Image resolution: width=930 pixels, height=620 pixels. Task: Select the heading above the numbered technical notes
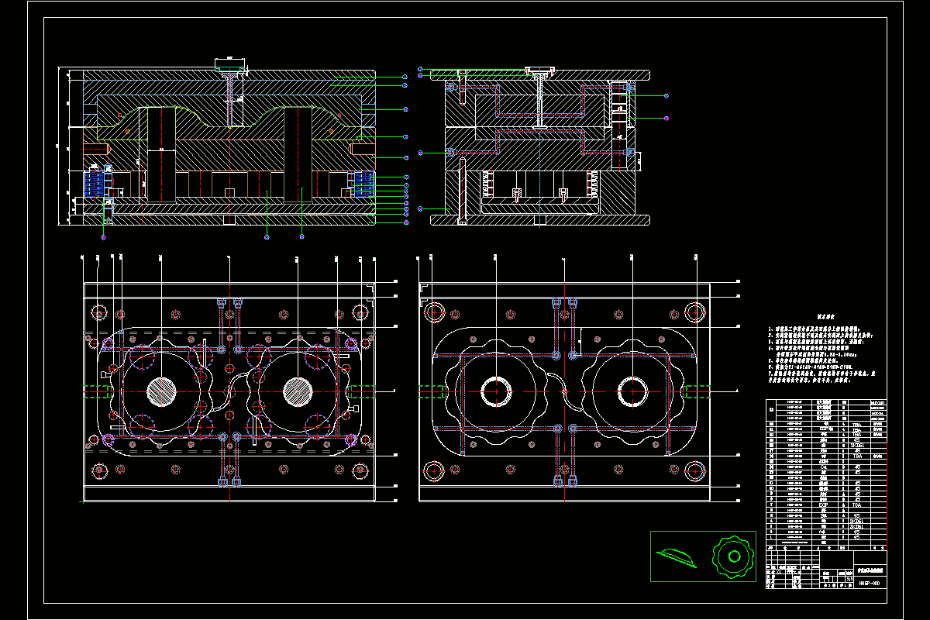823,317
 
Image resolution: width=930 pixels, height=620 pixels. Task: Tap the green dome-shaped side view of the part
677,555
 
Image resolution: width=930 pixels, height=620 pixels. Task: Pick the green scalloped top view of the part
732,556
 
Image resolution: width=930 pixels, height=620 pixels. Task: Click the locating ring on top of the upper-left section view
229,61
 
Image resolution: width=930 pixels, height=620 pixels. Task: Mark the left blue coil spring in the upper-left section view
93,183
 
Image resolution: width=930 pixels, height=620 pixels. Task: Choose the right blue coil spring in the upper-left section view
363,183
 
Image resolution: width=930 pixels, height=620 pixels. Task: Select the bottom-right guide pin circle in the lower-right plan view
696,470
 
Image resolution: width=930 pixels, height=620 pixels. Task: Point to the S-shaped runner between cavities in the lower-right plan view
564,391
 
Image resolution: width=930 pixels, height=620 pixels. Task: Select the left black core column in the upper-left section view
161,155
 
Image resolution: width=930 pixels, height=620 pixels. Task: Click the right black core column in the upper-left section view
298,155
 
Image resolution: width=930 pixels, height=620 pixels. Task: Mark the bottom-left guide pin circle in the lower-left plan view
98,470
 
